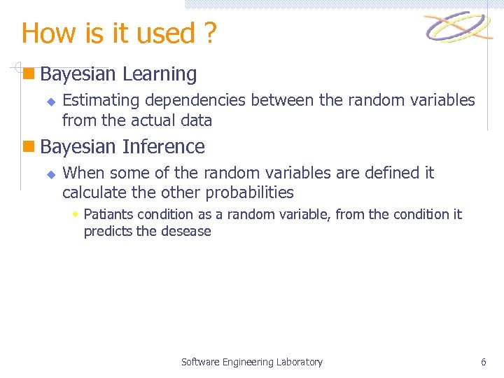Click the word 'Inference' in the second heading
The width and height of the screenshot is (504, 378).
tap(163, 146)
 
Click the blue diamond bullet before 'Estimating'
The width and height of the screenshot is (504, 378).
tap(50, 101)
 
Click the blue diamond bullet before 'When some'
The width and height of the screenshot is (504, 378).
tap(50, 174)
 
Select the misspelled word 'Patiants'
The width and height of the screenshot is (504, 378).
tap(108, 214)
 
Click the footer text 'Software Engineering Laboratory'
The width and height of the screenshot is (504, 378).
tap(252, 362)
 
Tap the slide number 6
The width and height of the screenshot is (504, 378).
tap(483, 362)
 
